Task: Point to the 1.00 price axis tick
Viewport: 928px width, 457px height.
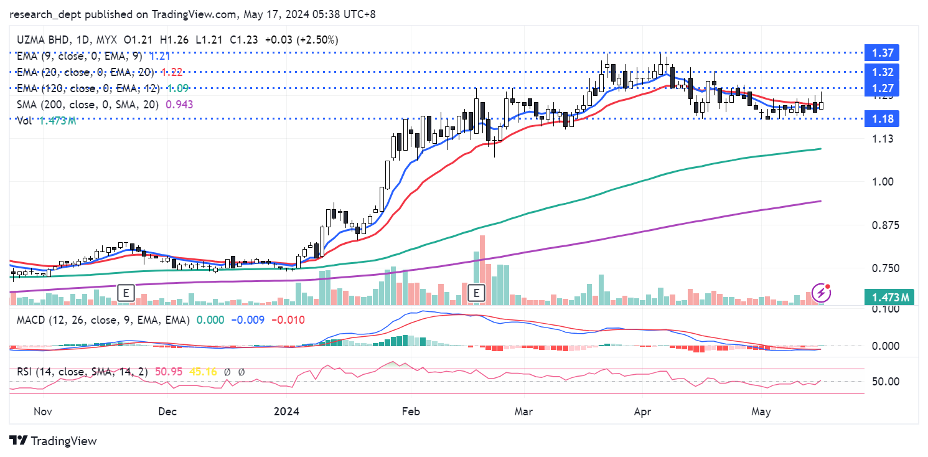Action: point(884,182)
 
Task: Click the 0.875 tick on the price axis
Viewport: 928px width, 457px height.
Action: point(886,225)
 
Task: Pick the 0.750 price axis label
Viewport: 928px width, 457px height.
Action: point(886,268)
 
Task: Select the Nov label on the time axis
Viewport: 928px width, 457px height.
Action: point(42,412)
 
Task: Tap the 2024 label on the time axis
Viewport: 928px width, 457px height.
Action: point(287,412)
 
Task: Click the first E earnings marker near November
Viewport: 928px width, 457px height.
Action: point(126,292)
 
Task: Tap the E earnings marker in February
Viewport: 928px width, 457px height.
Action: point(477,292)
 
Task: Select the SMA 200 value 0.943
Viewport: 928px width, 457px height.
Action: point(179,105)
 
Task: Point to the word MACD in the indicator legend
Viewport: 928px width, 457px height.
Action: point(30,320)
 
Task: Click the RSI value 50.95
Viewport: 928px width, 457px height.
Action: point(168,372)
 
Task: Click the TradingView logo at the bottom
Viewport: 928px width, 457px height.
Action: point(54,441)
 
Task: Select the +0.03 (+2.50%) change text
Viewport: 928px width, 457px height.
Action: point(301,40)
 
